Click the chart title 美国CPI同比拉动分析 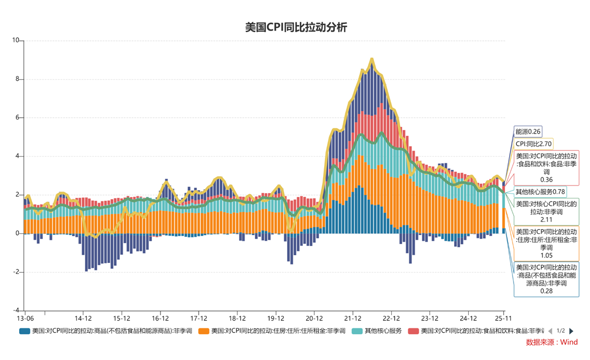pos(295,27)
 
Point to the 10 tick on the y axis pos(15,40)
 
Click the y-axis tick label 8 pos(17,79)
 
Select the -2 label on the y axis pos(15,272)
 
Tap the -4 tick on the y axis pos(15,310)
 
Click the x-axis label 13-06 pos(25,318)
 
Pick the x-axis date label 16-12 pos(160,318)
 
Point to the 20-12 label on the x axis pos(314,318)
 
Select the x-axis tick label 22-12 pos(391,318)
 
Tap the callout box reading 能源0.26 pos(528,131)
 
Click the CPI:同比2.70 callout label pos(534,144)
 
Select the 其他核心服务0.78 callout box pos(540,192)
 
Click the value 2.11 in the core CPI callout pos(546,219)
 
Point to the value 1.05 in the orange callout pos(546,255)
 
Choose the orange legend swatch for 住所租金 pos(204,331)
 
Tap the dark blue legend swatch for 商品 pos(25,331)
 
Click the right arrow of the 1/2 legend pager pos(571,331)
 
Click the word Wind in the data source pos(568,343)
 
